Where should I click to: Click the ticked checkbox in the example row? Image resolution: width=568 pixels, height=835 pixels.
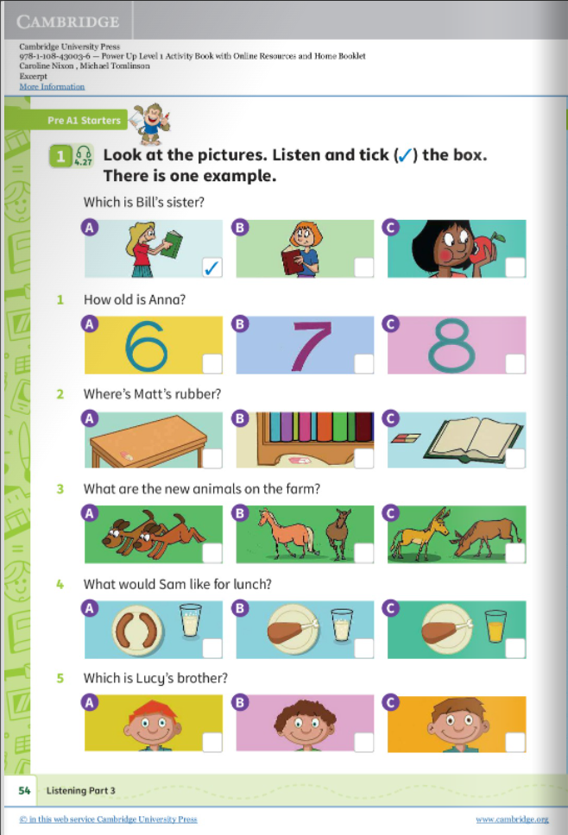tap(211, 267)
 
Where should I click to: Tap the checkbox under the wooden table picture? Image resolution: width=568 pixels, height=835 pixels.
tap(211, 457)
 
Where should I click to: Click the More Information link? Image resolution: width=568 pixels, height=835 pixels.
tap(52, 86)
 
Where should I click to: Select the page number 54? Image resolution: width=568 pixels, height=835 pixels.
tap(24, 789)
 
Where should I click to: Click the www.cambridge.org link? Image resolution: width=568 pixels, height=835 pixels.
tap(512, 819)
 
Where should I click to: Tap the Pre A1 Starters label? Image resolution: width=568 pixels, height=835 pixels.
tap(84, 120)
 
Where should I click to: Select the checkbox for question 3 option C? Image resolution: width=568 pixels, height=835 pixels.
tap(514, 552)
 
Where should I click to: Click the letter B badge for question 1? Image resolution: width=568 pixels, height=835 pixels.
tap(242, 323)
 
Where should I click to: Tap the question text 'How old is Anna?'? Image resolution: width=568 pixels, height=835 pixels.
tap(135, 299)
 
